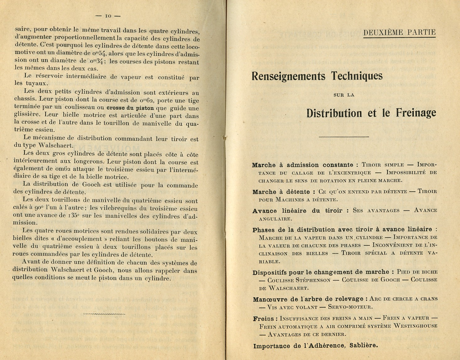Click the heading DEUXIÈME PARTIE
click(x=399, y=32)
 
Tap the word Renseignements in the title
click(x=288, y=76)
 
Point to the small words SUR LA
click(x=344, y=95)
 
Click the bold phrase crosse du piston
click(x=130, y=108)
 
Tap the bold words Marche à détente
click(x=281, y=192)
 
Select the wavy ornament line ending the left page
click(x=104, y=314)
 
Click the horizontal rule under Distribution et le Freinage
click(x=344, y=137)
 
